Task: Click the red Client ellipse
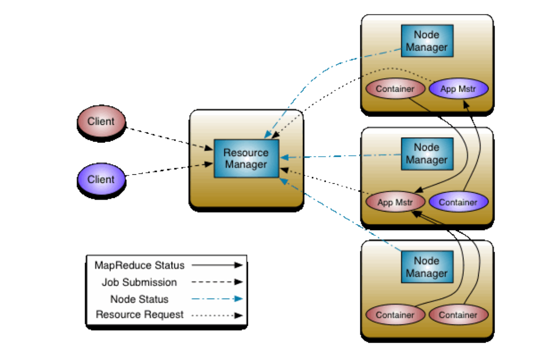point(101,121)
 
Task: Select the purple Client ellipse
point(101,179)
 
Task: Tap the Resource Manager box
point(246,158)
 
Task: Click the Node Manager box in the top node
point(427,41)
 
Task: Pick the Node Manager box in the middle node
point(427,154)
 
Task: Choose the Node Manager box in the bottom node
point(427,267)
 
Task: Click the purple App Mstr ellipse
point(458,89)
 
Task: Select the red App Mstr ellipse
point(396,202)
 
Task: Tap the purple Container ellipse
point(458,202)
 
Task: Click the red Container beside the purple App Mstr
point(396,89)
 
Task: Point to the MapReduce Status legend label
point(139,265)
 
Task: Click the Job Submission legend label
point(139,282)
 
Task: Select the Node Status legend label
point(139,299)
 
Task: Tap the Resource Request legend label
point(139,314)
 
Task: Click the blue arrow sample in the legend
point(217,299)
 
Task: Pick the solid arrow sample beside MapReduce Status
point(217,265)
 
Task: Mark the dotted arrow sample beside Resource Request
point(217,315)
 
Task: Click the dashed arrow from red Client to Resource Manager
point(169,139)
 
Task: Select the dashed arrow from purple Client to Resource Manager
point(169,169)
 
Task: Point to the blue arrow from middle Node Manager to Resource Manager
point(341,156)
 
